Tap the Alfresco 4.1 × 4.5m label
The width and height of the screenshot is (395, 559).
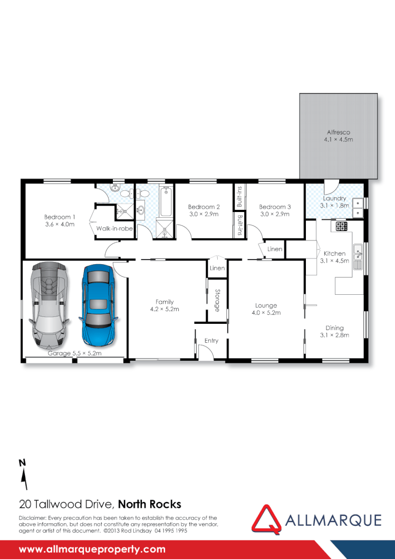338,136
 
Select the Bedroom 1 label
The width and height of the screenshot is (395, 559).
59,220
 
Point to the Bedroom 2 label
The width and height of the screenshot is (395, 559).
204,210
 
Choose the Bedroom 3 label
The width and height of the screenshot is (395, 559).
275,210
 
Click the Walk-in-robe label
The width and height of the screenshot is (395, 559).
114,228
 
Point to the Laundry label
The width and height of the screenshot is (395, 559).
334,201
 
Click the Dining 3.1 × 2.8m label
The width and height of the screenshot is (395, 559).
334,331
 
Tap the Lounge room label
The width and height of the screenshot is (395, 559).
266,309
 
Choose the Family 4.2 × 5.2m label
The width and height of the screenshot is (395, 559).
165,305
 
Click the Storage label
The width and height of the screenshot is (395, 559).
217,300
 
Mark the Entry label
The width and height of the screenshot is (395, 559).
211,341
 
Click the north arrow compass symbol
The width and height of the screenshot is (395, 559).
23,475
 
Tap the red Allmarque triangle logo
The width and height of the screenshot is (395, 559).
266,518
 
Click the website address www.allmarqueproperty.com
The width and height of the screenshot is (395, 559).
92,549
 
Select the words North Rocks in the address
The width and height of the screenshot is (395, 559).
149,504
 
